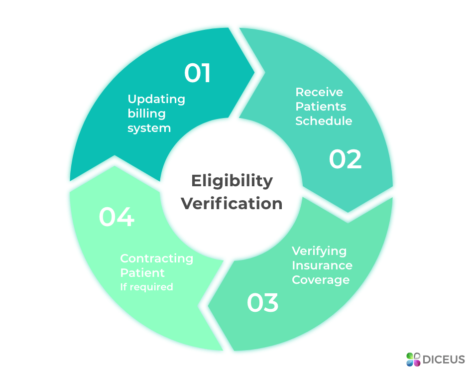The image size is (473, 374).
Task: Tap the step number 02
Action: click(x=345, y=159)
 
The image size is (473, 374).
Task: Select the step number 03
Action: click(x=263, y=303)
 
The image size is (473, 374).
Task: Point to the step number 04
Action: click(x=117, y=217)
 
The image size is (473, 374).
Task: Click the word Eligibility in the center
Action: click(x=232, y=181)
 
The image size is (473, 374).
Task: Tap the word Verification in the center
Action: click(x=232, y=204)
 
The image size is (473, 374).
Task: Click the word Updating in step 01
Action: click(x=156, y=99)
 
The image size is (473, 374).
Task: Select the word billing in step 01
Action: click(x=146, y=114)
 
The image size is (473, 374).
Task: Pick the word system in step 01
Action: click(x=149, y=128)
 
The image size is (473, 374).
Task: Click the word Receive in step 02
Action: click(x=319, y=92)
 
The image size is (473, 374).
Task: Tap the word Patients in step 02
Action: click(x=321, y=107)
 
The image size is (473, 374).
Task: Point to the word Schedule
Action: click(x=324, y=121)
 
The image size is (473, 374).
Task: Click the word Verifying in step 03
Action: click(x=319, y=250)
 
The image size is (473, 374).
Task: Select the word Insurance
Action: click(x=322, y=265)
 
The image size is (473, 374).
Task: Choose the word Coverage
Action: click(x=321, y=279)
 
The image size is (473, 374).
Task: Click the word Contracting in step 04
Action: click(x=157, y=258)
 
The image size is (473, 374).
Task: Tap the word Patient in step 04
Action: click(x=142, y=273)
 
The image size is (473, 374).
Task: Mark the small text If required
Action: click(x=146, y=287)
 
